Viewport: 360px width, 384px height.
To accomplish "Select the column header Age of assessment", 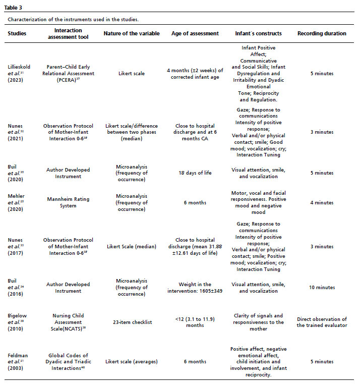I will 195,33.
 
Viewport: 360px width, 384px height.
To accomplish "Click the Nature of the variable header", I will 132,33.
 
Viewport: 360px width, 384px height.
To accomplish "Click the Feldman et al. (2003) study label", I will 19,361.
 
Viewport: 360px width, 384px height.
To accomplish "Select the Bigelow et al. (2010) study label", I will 20,322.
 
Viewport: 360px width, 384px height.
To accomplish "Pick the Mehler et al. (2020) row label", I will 19,202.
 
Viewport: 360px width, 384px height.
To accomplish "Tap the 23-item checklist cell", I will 132,322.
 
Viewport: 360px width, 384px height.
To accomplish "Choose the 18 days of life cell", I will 195,173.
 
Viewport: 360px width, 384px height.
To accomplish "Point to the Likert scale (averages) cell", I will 132,361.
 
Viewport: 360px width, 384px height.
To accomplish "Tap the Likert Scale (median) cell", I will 132,246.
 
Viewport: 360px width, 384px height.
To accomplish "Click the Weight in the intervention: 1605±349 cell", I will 195,287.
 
